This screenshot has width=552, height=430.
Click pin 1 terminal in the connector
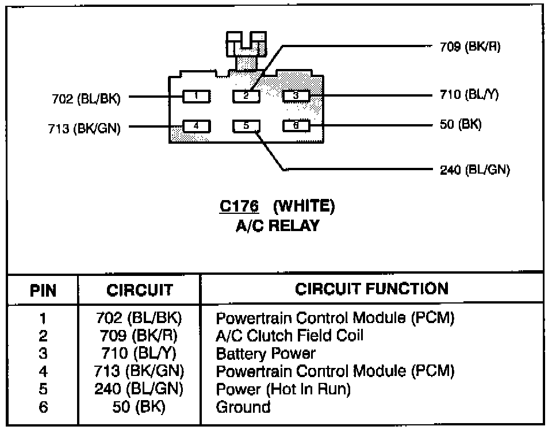click(196, 96)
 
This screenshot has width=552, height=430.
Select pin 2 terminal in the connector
click(246, 96)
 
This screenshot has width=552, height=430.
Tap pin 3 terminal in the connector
click(296, 96)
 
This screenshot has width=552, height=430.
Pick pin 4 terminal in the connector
click(196, 126)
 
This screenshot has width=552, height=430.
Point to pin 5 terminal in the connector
click(246, 126)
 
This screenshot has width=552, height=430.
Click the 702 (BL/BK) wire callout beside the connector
click(86, 99)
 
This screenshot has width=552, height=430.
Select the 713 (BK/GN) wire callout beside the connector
click(85, 128)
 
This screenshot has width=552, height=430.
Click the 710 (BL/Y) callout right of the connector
click(469, 95)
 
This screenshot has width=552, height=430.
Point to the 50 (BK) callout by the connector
click(461, 124)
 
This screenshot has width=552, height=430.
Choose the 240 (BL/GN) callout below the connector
click(474, 170)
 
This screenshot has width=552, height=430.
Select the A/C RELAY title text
click(277, 225)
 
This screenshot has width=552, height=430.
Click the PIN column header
click(44, 290)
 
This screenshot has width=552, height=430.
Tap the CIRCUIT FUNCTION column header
click(371, 289)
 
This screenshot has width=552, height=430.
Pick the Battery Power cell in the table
click(266, 353)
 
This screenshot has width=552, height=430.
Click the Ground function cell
click(243, 407)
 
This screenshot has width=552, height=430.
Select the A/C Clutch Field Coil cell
click(289, 335)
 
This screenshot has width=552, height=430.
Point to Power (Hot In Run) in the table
click(283, 389)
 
